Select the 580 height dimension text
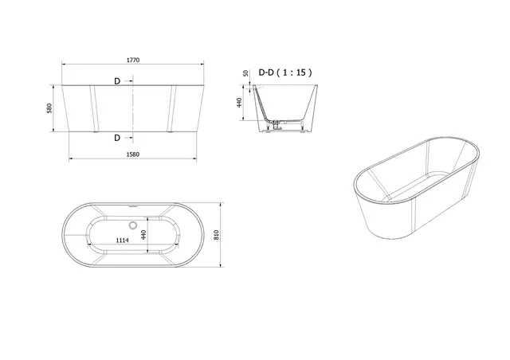coord(50,108)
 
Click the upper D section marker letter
coord(117,80)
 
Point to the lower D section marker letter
coord(117,138)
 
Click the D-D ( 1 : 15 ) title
coord(285,72)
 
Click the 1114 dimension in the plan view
coord(122,240)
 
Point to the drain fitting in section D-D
coord(278,124)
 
